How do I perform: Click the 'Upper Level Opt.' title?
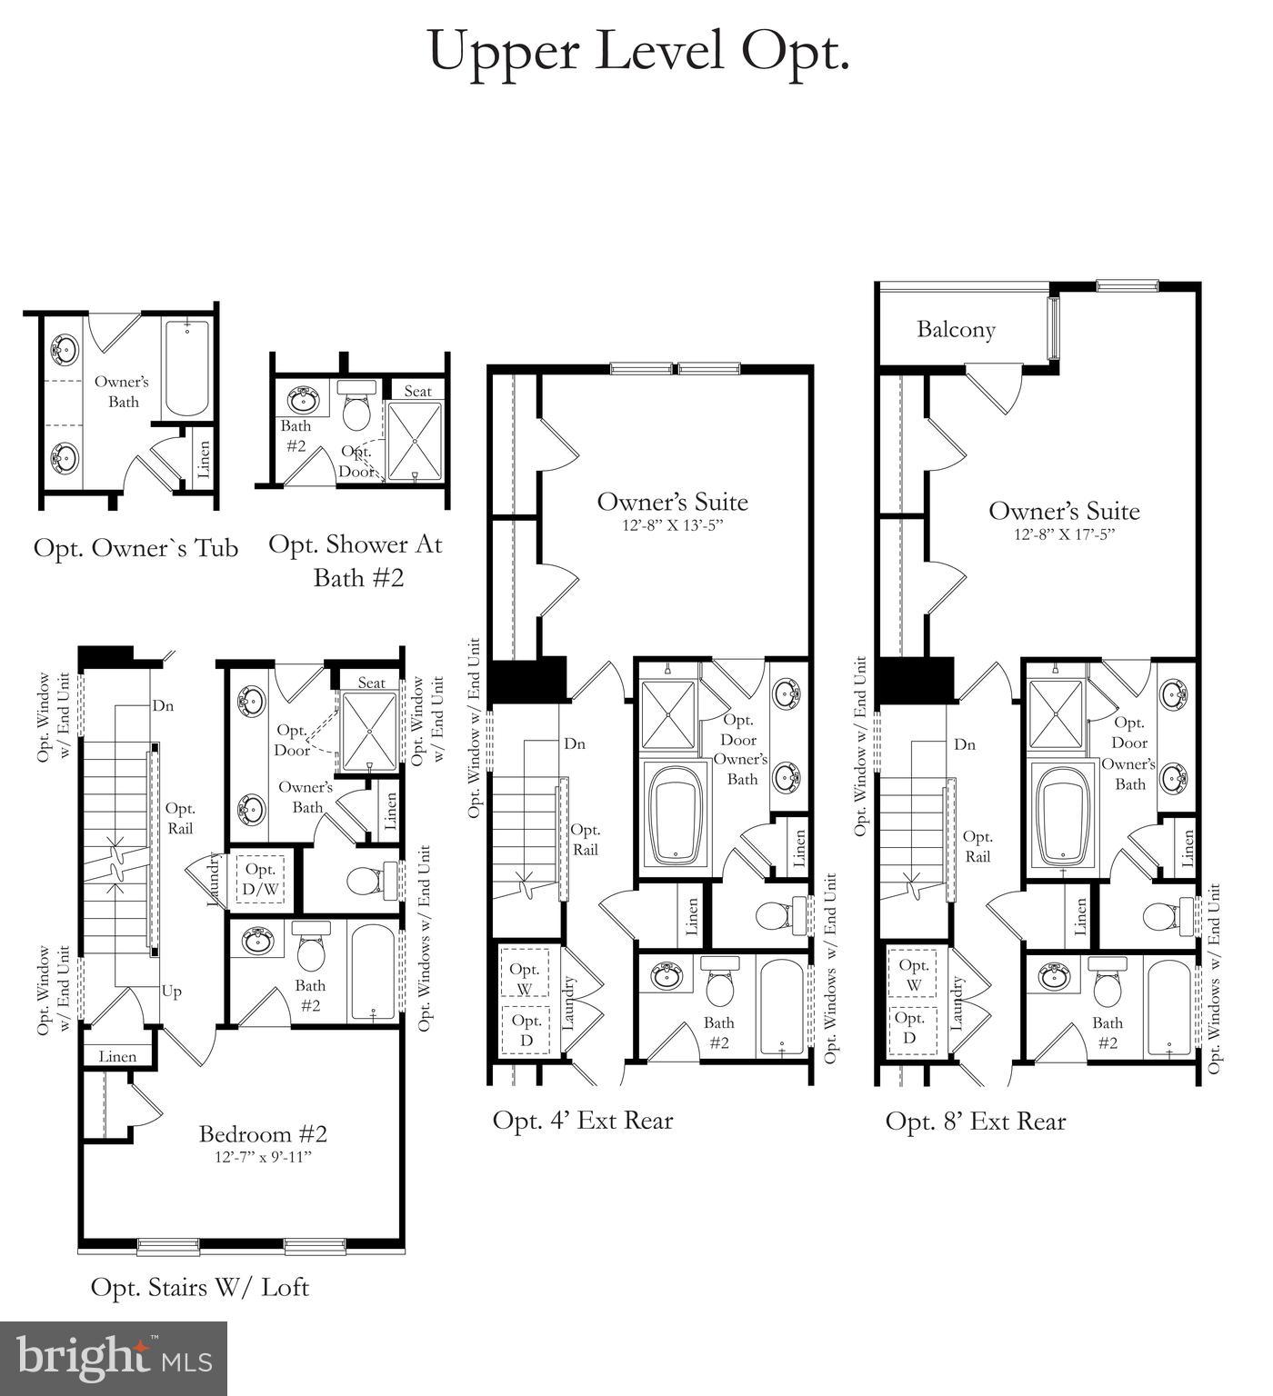point(638,51)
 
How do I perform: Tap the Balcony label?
point(955,329)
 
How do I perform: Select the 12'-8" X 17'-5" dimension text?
point(1064,534)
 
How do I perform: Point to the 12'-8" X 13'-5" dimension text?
point(672,525)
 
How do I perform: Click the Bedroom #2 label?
point(263,1133)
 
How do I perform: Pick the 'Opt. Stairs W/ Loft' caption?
point(200,1287)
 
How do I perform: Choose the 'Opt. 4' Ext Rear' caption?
point(583,1120)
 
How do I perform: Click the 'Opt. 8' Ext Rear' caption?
point(975,1122)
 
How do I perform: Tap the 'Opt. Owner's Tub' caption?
point(136,548)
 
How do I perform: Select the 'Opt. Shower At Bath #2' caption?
point(356,560)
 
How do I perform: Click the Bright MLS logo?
point(114,1358)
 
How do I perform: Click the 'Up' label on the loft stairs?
point(171,991)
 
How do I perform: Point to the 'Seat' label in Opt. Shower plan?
point(417,391)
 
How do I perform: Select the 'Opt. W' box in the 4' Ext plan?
point(525,977)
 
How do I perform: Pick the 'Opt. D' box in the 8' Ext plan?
point(910,1028)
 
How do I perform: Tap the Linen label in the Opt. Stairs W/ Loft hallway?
point(117,1056)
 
